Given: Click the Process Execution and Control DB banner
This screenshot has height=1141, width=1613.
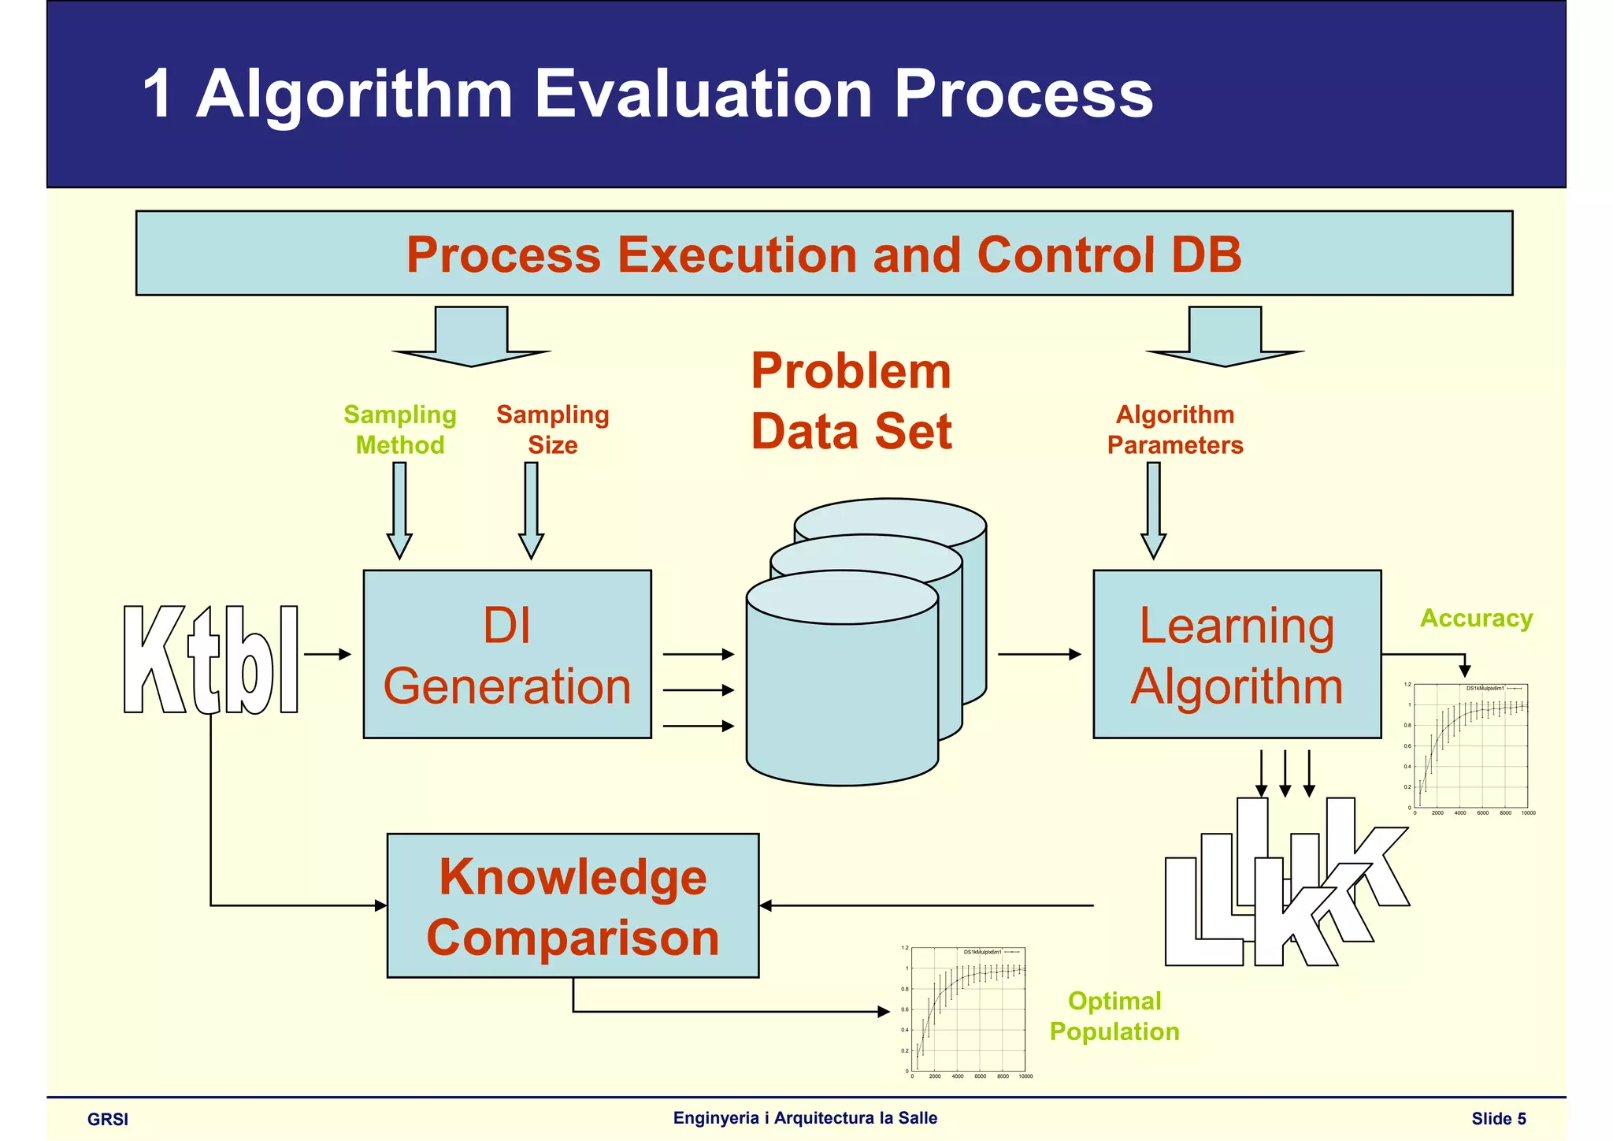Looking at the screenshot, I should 824,254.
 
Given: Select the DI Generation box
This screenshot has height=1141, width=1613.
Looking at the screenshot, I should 507,654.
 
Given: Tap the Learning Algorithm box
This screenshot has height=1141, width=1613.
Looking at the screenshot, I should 1237,654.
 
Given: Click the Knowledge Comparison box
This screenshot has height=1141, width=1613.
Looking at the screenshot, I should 573,905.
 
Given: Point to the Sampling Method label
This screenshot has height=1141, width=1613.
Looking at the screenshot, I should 400,429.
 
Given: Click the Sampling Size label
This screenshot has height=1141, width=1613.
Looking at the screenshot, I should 552,429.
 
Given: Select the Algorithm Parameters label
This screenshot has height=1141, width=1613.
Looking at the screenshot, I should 1174,429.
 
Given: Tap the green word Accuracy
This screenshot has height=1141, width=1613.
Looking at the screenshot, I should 1476,618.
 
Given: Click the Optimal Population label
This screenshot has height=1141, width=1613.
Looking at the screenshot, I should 1114,1016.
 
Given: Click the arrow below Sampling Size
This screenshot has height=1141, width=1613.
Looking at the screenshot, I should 531,511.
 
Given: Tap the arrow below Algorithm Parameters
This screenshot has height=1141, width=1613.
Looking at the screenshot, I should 1153,511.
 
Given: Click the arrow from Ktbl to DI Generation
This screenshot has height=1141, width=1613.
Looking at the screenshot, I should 327,654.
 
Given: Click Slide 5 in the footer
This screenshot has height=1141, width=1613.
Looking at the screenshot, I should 1498,1118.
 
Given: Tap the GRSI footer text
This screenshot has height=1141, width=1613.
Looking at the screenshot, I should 108,1119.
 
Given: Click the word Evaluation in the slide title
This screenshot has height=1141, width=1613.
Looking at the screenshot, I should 703,95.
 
